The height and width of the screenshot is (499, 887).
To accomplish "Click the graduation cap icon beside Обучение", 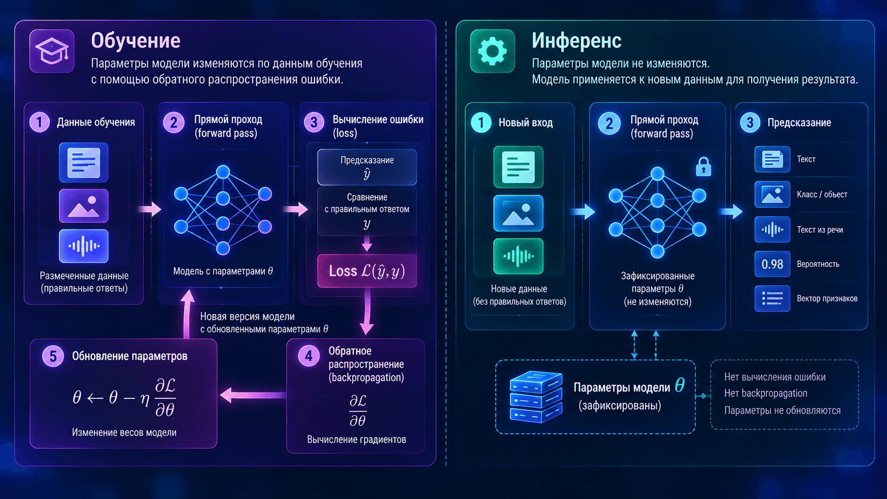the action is tap(52, 51).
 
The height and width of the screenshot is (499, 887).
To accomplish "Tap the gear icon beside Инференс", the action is tap(492, 51).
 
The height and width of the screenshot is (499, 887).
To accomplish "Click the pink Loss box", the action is tap(367, 271).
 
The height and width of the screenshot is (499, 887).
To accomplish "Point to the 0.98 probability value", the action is tap(772, 264).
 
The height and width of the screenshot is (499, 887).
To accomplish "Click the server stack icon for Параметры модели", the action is tap(536, 397).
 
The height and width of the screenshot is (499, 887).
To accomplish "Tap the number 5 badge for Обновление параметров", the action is tap(53, 356).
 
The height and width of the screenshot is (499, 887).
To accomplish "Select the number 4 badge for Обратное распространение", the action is tap(308, 356).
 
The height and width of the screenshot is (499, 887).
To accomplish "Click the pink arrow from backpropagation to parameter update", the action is tap(253, 395).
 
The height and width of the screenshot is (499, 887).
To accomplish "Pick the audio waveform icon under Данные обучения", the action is tap(83, 246).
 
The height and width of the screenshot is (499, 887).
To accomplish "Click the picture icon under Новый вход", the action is tap(518, 213).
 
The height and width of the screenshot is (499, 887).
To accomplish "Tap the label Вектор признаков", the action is tap(827, 299).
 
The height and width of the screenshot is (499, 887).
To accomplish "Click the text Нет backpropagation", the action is tap(766, 393).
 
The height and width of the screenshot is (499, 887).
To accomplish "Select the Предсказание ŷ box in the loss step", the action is tap(367, 167).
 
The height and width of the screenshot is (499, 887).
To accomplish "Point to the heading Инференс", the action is tap(576, 40).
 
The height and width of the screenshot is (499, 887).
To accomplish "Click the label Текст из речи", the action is tap(820, 230).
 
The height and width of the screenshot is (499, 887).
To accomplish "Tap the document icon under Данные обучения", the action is tap(83, 162).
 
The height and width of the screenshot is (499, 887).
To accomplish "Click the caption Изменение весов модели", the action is tap(124, 433).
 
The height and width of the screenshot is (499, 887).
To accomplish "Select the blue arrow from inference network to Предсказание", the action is tap(732, 211).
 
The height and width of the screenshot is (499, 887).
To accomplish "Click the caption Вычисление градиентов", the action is tap(356, 440).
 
